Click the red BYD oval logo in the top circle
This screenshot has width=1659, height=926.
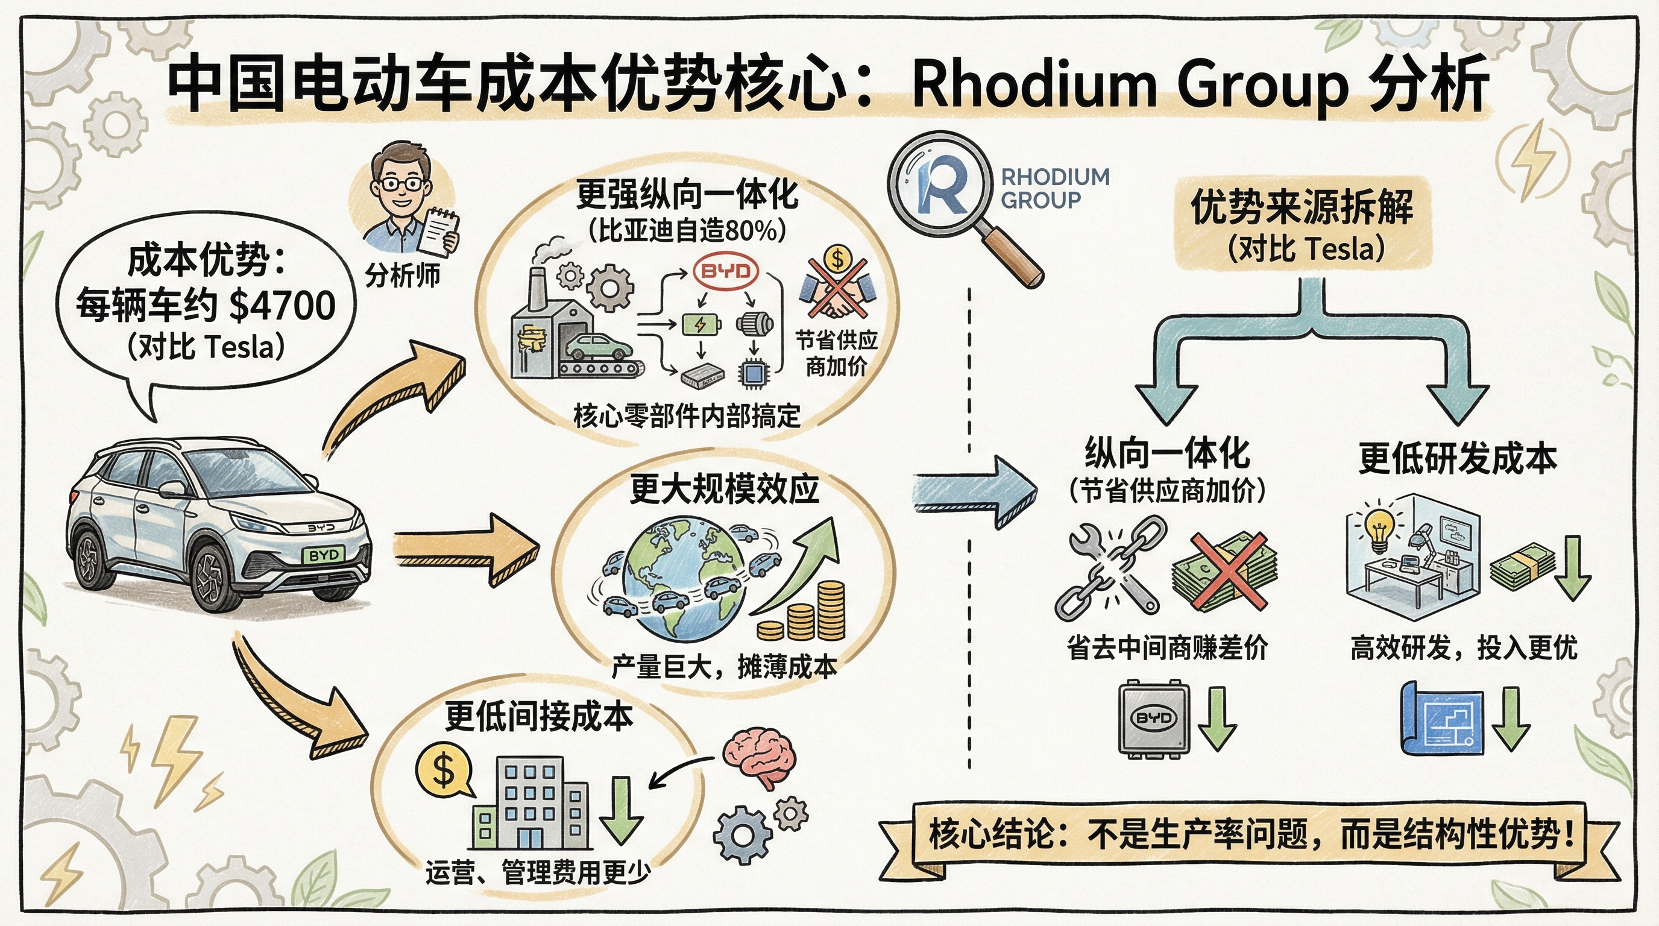click(x=726, y=271)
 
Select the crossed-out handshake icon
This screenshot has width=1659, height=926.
click(x=837, y=285)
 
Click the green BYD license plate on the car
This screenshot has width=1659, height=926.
click(x=323, y=555)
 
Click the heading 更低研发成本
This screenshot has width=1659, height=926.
click(x=1457, y=459)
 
